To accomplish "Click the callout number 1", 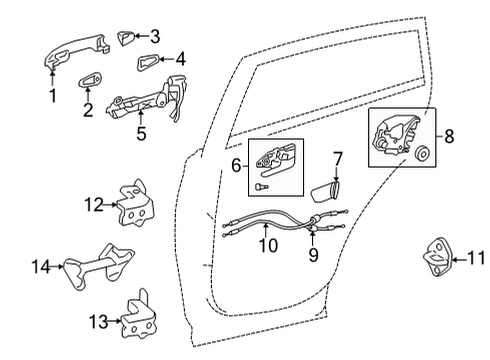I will pos(52,96).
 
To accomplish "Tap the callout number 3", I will pos(154,37).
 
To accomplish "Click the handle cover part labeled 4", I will pos(150,66).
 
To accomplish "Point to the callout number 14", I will pos(40,267).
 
